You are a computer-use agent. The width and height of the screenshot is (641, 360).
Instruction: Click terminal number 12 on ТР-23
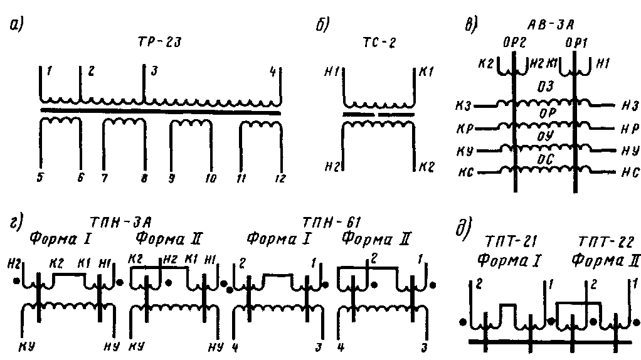click(x=280, y=179)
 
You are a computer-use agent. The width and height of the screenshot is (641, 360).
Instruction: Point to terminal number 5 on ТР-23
click(x=41, y=179)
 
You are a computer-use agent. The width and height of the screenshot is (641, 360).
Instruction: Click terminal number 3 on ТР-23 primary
click(x=151, y=71)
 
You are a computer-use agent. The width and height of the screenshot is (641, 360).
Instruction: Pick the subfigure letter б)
click(x=324, y=27)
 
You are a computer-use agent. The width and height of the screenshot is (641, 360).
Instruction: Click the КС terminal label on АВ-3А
click(x=465, y=171)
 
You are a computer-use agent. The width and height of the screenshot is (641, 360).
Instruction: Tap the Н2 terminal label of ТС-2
click(x=332, y=166)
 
